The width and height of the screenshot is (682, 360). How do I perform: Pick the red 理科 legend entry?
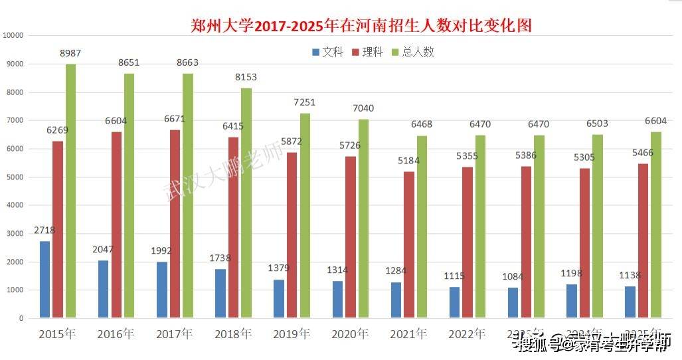(x=368, y=52)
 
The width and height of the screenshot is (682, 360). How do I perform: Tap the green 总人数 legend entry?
(x=413, y=52)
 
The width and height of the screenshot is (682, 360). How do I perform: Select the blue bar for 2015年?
(x=44, y=279)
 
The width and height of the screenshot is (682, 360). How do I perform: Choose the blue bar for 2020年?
(x=337, y=300)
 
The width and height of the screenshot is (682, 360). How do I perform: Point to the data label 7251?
(x=304, y=103)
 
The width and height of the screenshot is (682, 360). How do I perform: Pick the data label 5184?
(x=409, y=161)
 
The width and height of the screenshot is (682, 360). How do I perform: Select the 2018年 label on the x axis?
(x=234, y=333)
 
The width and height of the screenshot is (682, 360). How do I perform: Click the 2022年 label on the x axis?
(x=468, y=333)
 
